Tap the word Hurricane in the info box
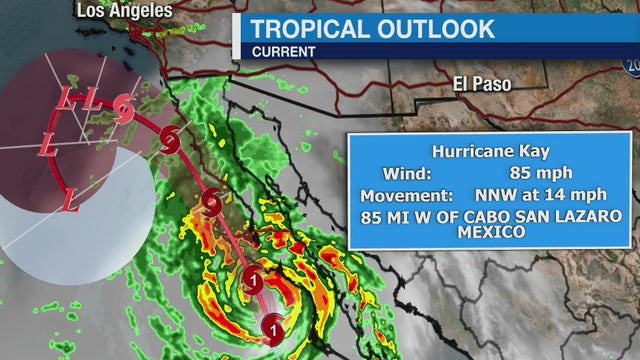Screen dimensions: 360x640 (470, 151)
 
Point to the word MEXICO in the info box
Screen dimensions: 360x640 (491, 232)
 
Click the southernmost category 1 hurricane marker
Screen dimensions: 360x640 (274, 324)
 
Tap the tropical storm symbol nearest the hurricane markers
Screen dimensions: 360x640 (212, 203)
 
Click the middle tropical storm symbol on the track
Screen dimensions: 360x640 (169, 135)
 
